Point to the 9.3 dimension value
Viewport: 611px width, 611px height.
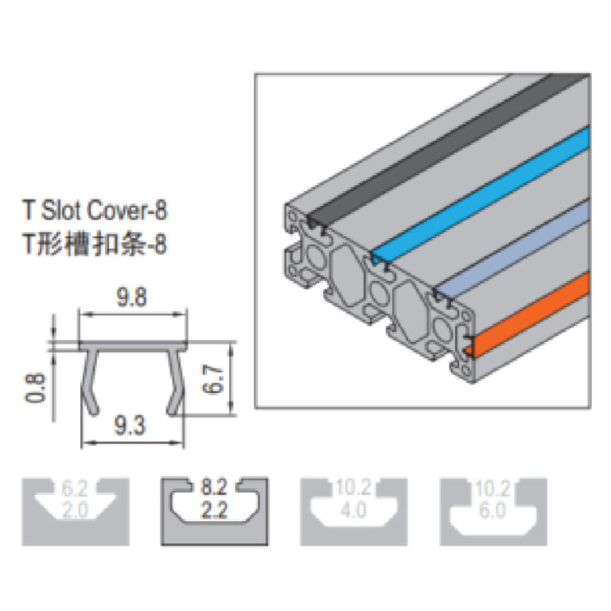point(131,427)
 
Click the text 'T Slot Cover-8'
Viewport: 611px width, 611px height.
point(95,211)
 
